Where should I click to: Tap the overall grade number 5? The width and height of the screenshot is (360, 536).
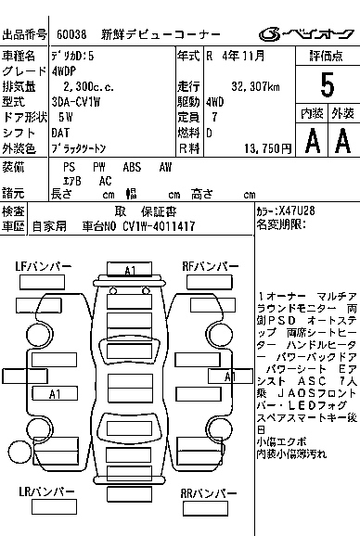click(x=326, y=84)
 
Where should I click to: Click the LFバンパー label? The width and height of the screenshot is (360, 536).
click(x=43, y=266)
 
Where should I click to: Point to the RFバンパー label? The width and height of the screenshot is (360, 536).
click(x=208, y=266)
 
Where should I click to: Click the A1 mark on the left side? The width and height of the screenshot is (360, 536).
click(x=54, y=394)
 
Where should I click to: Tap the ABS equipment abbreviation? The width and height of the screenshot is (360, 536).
click(x=132, y=167)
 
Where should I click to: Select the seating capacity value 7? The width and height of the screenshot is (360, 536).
click(x=215, y=118)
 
